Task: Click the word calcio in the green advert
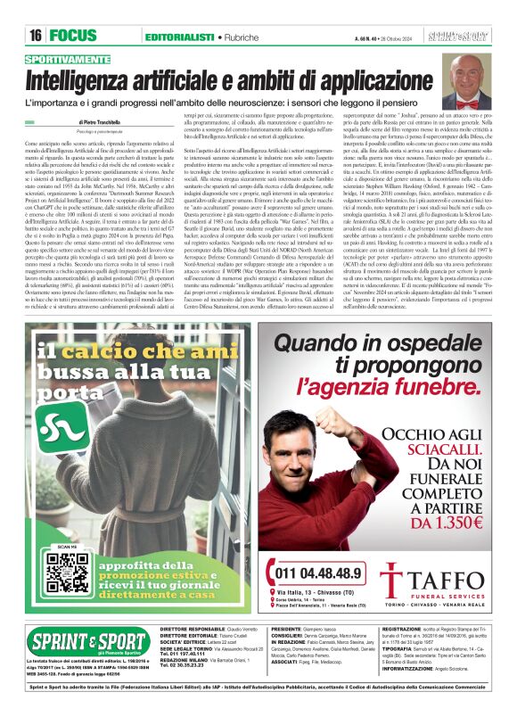(107, 351)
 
